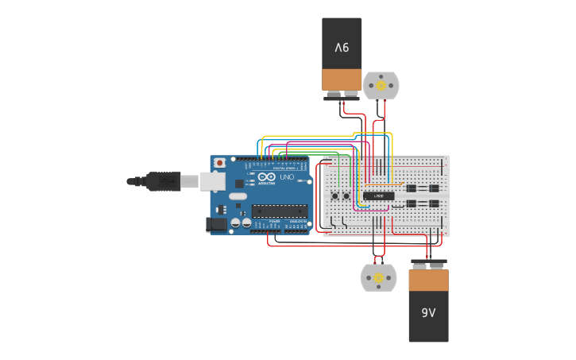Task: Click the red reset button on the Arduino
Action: coord(219,163)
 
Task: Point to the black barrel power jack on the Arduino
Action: coord(215,225)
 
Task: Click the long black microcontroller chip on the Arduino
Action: coord(280,211)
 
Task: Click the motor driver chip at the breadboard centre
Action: coord(378,195)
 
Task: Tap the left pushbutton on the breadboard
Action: coord(336,195)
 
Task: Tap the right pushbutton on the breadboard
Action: coord(346,195)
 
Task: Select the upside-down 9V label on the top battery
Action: coord(342,48)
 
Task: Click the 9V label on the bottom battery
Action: coord(428,313)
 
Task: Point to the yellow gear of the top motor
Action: coord(381,85)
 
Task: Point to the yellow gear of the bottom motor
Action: coord(379,277)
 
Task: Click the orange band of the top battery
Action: coord(342,79)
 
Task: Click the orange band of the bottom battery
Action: coord(428,281)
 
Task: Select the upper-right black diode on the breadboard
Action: coord(434,188)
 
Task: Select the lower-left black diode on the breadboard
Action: coord(412,204)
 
